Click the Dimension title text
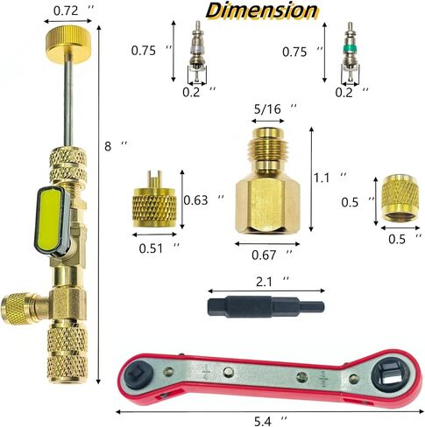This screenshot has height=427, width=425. [261, 10]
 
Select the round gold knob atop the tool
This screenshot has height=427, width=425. [68, 45]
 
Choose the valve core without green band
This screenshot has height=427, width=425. [197, 52]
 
